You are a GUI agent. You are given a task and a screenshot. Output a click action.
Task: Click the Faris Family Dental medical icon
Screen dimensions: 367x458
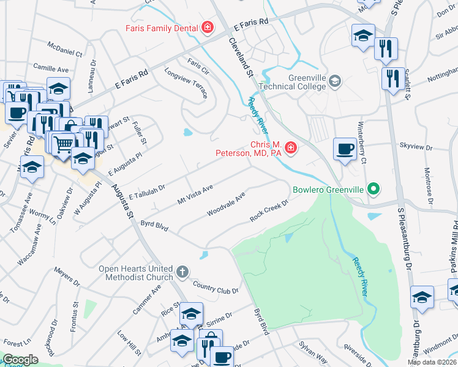tap(208, 28)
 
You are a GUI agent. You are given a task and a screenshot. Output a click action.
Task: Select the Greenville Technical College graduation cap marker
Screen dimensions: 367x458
tap(335, 81)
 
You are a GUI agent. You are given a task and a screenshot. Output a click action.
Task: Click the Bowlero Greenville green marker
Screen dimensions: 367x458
tap(372, 189)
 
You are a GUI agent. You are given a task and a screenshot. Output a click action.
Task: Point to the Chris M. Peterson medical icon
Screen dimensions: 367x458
tap(289, 148)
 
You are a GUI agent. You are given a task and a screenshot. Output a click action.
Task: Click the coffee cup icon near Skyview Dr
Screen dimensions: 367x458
tap(345, 149)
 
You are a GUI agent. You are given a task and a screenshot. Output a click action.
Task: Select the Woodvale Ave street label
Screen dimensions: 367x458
tap(226, 204)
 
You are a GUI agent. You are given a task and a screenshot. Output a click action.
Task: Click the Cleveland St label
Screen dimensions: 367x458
tap(241, 56)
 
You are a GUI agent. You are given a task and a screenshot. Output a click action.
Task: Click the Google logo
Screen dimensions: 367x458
tap(20, 360)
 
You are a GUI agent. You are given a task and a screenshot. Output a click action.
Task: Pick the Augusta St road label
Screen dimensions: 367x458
tap(122, 201)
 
